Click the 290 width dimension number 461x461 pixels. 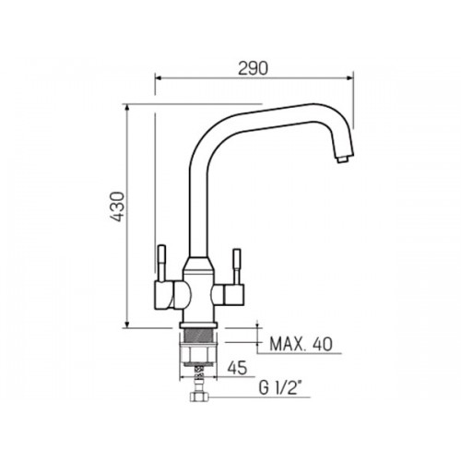(253, 68)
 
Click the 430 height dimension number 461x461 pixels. (118, 207)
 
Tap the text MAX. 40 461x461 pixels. (301, 344)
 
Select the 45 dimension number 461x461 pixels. (237, 368)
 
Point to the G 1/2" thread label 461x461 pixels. (279, 388)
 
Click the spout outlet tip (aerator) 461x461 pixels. (343, 160)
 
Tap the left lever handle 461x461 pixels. (161, 262)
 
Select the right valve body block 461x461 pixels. (228, 294)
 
